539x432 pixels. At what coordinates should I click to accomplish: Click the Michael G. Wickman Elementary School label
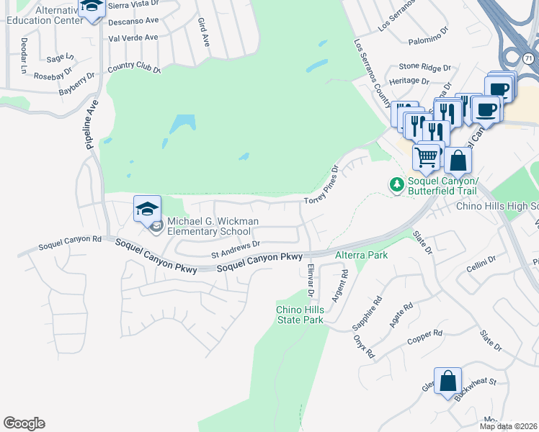pyautogui.click(x=209, y=226)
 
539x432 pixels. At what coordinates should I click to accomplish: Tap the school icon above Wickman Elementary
pyautogui.click(x=147, y=210)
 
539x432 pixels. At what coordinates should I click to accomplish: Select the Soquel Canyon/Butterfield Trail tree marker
pyautogui.click(x=396, y=185)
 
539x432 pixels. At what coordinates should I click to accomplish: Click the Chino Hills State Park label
pyautogui.click(x=300, y=315)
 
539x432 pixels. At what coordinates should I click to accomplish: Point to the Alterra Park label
pyautogui.click(x=362, y=255)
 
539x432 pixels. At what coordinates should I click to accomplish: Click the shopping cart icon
pyautogui.click(x=427, y=156)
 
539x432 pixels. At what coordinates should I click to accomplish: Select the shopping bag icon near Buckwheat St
pyautogui.click(x=447, y=381)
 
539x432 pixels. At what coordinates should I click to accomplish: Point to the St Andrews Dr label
pyautogui.click(x=235, y=248)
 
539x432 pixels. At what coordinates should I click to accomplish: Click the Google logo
pyautogui.click(x=24, y=423)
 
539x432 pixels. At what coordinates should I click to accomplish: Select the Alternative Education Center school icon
pyautogui.click(x=92, y=8)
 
